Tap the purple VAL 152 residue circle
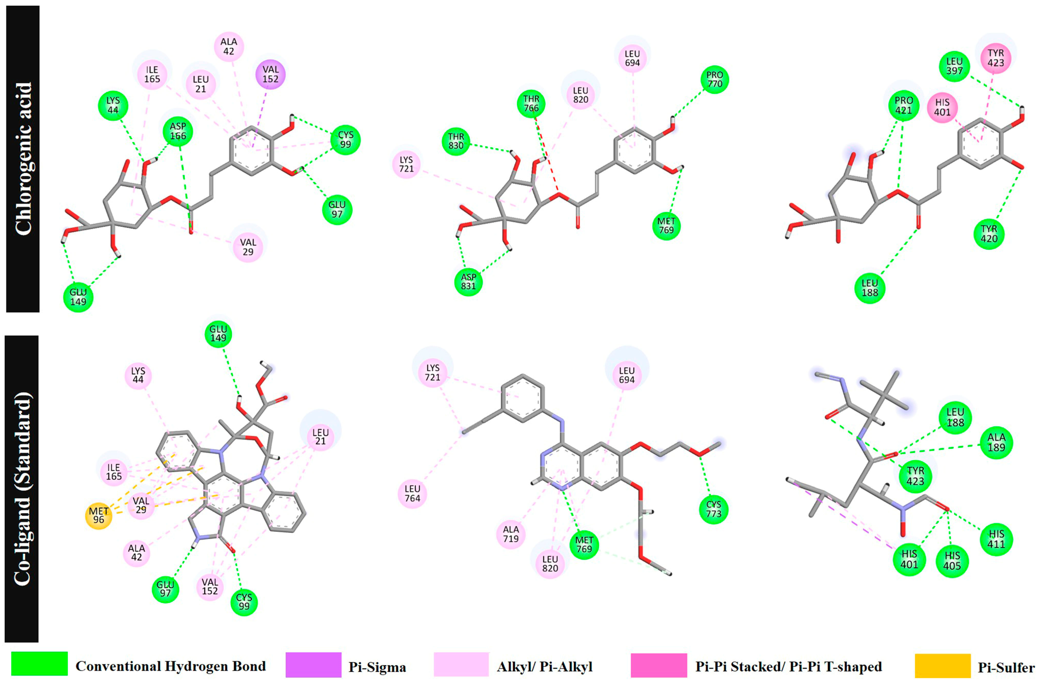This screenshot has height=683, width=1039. coord(270,74)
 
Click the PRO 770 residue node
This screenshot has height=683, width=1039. coord(715,79)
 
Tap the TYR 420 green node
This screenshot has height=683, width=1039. coord(989,234)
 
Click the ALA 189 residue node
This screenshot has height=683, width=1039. coord(996,442)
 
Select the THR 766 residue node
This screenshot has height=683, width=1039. coord(531,103)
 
